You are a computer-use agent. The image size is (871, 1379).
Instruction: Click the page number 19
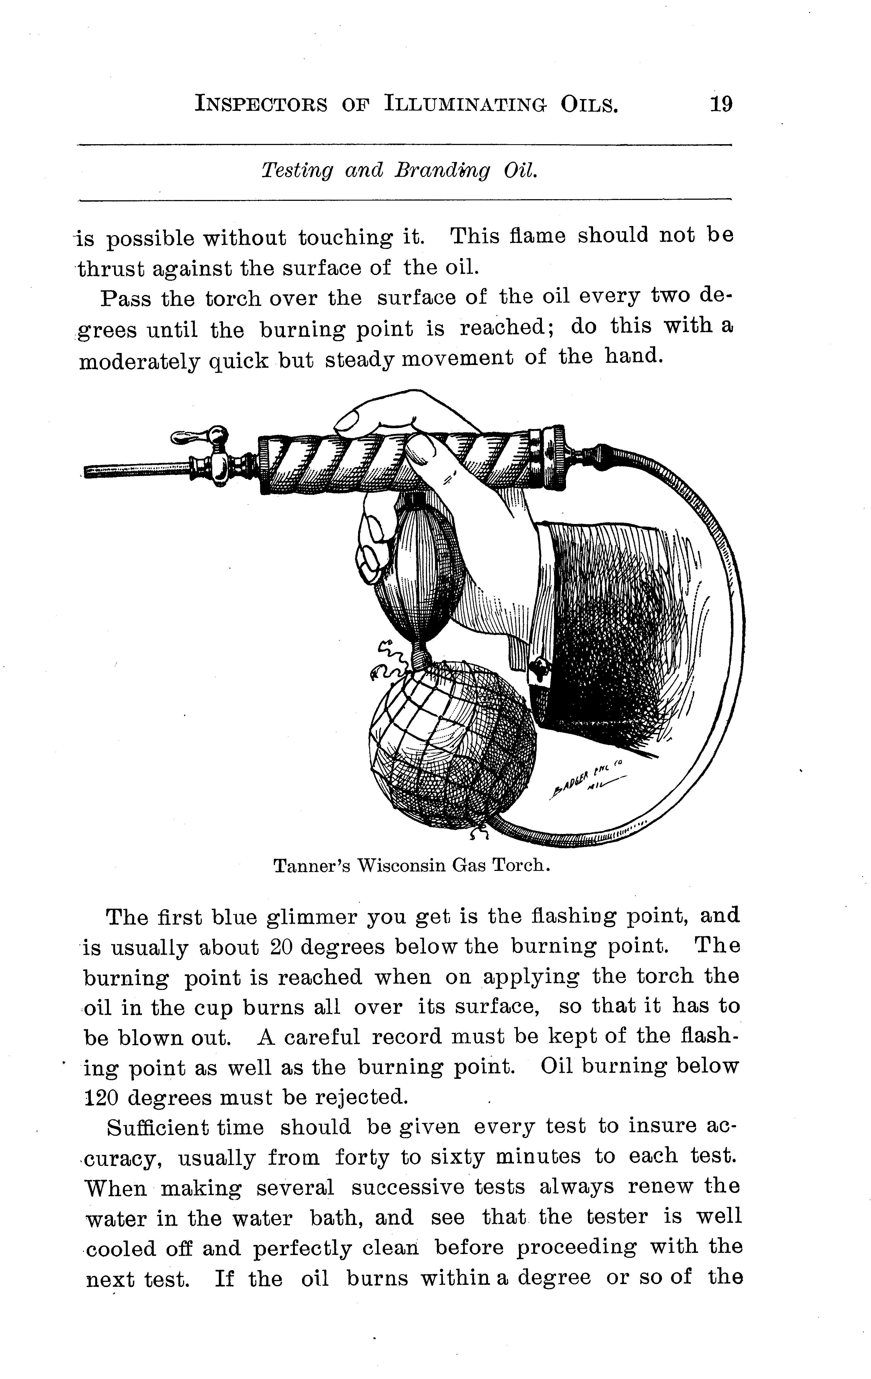click(720, 104)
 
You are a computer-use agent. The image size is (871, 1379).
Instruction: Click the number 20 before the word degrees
click(282, 947)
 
